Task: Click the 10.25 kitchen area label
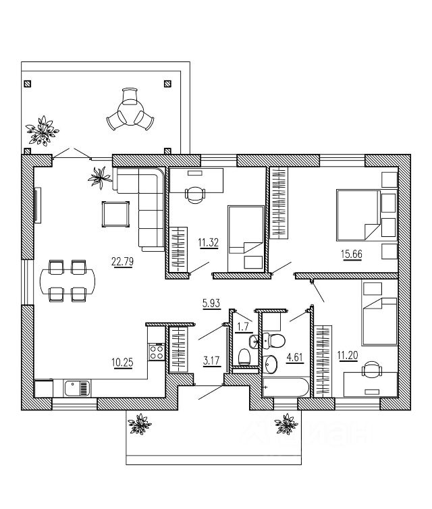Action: [x=121, y=362]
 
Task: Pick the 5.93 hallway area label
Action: [x=211, y=304]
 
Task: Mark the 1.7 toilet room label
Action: [x=244, y=327]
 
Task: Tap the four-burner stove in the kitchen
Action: [x=157, y=351]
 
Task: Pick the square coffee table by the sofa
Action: [x=116, y=214]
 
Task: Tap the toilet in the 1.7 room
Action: [x=245, y=354]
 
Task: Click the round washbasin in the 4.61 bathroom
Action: [x=271, y=364]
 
